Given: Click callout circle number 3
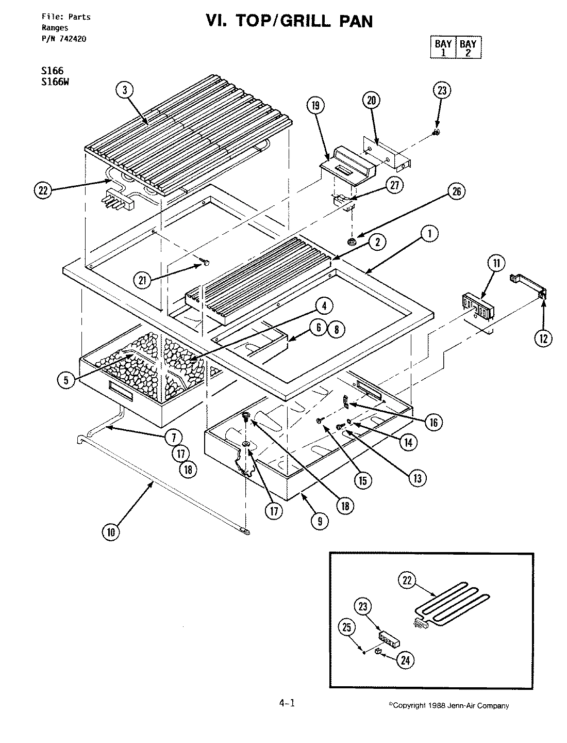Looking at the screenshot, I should pos(124,90).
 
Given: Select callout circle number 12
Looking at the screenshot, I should pos(543,338).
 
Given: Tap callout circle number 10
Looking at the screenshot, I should pos(110,532).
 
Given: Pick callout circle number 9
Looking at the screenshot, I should pos(320,521).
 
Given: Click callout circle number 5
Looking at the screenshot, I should pos(66,380).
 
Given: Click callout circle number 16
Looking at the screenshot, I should pos(432,423).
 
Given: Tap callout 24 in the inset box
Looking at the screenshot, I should pos(407,660).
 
